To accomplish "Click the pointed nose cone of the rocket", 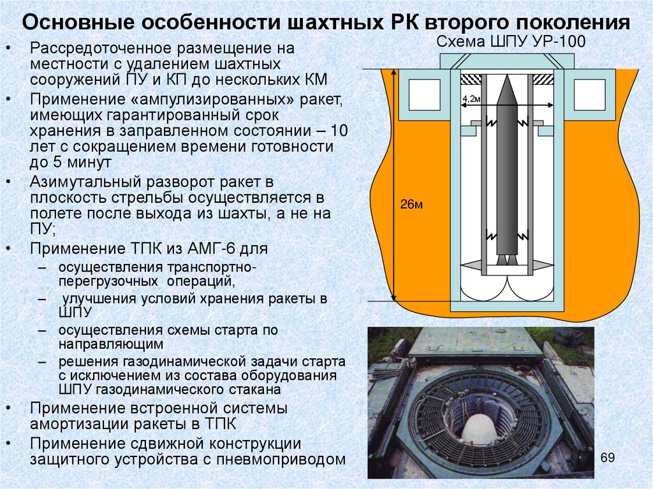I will tap(506, 89).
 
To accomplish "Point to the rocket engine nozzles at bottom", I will tap(505, 259).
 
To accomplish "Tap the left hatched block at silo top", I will tap(471, 80).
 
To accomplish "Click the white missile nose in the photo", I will tap(480, 428).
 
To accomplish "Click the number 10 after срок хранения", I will tap(340, 132).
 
